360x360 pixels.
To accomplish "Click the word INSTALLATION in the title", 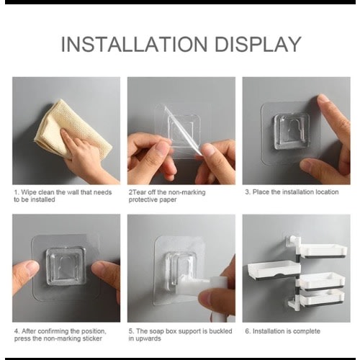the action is [134, 44].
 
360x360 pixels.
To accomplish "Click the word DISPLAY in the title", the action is [258, 44].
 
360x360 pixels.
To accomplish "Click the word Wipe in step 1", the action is [30, 192].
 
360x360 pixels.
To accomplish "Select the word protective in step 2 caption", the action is [143, 199].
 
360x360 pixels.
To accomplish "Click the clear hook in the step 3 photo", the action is [291, 131].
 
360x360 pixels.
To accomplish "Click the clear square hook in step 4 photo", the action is [66, 266].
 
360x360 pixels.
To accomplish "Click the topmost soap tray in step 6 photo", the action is [323, 251].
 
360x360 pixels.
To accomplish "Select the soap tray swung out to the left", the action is [273, 269].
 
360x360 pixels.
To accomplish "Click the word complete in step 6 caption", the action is [307, 331].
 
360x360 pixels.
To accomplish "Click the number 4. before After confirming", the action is [17, 331].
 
